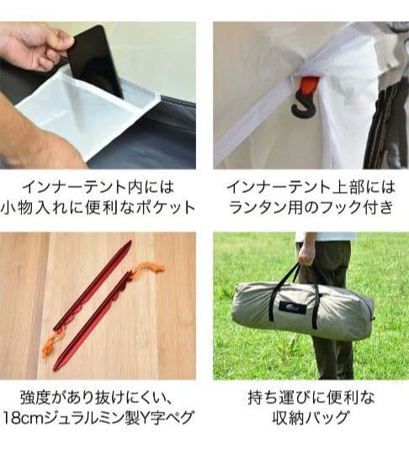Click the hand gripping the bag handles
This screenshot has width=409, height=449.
pyautogui.click(x=307, y=252)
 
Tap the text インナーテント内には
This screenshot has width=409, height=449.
pyautogui.click(x=98, y=184)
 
